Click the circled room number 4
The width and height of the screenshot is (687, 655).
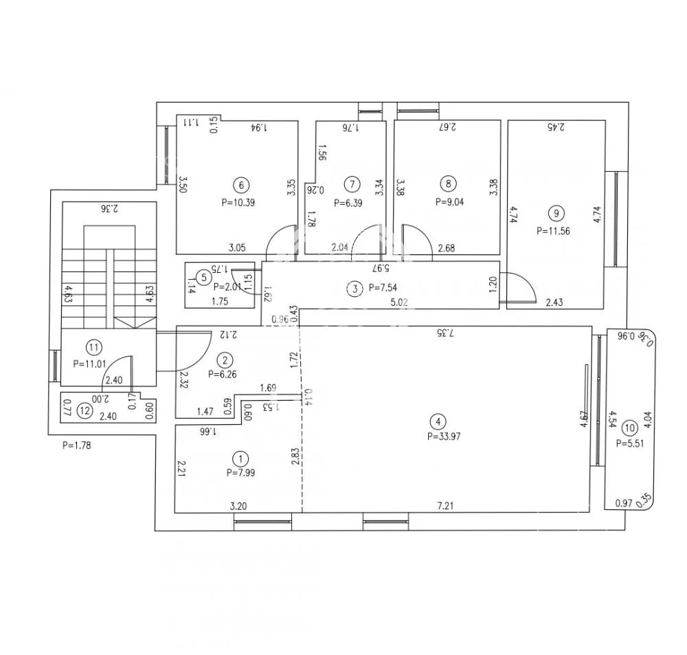click(438, 422)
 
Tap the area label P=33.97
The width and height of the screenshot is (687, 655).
click(444, 436)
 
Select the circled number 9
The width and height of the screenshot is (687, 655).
click(556, 214)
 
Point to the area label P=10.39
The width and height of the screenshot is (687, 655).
click(238, 203)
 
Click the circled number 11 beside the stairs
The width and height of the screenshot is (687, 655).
click(93, 348)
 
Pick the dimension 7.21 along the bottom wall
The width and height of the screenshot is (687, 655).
click(446, 506)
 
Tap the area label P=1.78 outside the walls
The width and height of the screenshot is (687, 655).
click(77, 445)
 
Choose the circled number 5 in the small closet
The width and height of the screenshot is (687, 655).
click(203, 278)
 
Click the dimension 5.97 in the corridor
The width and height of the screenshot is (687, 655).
click(381, 267)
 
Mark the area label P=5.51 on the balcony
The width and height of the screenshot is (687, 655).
click(630, 443)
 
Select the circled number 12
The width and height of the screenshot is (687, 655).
click(85, 411)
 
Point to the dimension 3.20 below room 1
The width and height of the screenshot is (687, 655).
click(238, 507)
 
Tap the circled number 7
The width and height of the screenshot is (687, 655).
click(352, 184)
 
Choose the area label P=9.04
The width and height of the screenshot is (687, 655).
click(449, 202)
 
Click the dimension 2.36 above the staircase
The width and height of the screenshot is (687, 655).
click(109, 209)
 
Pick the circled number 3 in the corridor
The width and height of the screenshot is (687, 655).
click(355, 289)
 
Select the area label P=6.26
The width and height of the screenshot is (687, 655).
click(223, 375)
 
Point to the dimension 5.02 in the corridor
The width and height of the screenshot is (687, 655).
click(399, 302)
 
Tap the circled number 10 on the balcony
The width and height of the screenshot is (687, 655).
click(629, 428)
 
